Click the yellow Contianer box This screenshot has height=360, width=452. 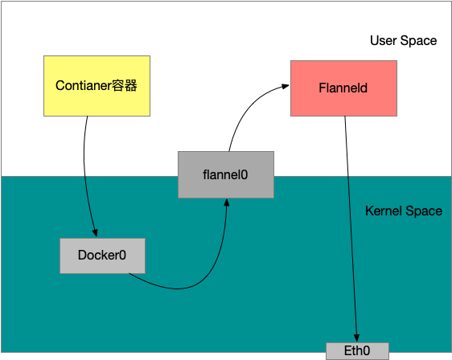coord(97,85)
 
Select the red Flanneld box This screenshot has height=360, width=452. coord(343,87)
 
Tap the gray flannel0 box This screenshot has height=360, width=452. coord(226,174)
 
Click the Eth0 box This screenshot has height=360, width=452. coord(358,351)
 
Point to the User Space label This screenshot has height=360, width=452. coord(403,40)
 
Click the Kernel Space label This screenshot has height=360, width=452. coord(403,211)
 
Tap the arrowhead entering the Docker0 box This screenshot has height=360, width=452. coord(95,234)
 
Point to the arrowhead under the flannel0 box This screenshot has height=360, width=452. coord(227,202)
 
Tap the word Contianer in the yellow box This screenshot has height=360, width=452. coord(84,85)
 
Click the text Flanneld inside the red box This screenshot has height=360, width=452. coord(343,87)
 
